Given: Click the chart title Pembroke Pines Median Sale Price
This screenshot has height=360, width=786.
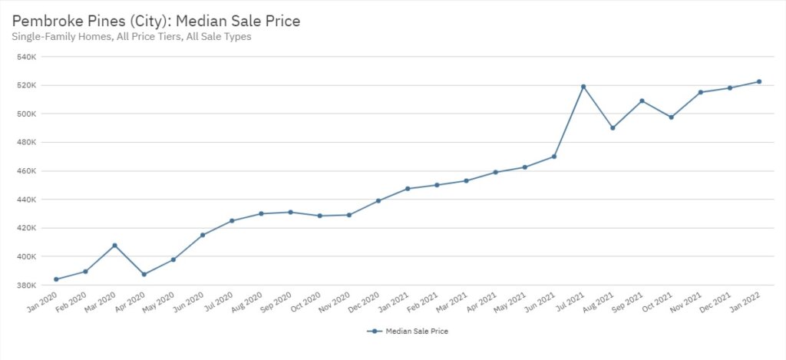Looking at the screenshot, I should pyautogui.click(x=156, y=21).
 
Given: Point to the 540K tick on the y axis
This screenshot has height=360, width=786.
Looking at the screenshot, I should pyautogui.click(x=26, y=57).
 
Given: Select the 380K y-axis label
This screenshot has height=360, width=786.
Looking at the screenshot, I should pyautogui.click(x=26, y=285).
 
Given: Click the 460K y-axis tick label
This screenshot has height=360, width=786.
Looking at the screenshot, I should pyautogui.click(x=26, y=171).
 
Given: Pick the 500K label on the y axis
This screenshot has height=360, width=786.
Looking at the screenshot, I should pyautogui.click(x=26, y=114).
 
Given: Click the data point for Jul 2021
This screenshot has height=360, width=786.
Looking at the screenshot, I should pyautogui.click(x=583, y=87).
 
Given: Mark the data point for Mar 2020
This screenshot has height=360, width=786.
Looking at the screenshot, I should pyautogui.click(x=114, y=246).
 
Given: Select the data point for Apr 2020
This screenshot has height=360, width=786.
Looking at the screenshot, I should pyautogui.click(x=144, y=274).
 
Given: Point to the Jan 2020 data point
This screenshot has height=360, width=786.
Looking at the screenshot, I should pyautogui.click(x=56, y=279).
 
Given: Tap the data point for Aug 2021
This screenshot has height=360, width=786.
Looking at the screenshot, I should pyautogui.click(x=613, y=128).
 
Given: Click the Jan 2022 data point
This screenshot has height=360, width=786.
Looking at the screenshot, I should pyautogui.click(x=759, y=81).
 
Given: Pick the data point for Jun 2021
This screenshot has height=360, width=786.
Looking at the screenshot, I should pyautogui.click(x=554, y=157).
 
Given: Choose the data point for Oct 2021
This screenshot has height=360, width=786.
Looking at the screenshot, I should pyautogui.click(x=672, y=117).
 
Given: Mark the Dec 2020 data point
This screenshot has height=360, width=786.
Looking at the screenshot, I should pyautogui.click(x=378, y=201).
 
